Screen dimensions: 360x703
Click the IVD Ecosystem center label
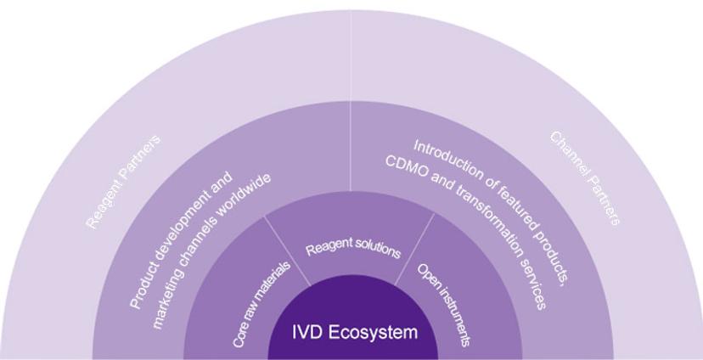pos(355,332)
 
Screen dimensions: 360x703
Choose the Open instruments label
pos(444,304)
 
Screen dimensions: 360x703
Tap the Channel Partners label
pos(585,178)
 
